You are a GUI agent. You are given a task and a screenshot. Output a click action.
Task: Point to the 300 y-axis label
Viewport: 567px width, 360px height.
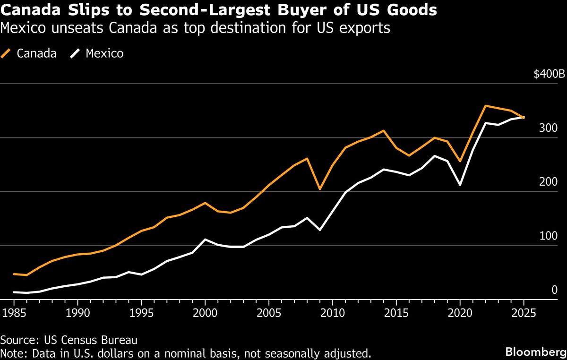tap(550, 128)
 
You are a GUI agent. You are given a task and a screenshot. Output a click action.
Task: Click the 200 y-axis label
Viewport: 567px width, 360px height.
tap(550, 182)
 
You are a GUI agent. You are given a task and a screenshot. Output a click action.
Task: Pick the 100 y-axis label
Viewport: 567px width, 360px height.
tap(550, 236)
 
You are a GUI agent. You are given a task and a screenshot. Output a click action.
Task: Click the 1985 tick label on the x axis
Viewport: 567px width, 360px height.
tap(14, 313)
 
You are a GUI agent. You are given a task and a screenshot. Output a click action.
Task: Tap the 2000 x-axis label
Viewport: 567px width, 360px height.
tap(206, 313)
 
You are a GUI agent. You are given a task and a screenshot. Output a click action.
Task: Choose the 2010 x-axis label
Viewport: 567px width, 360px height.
tap(333, 313)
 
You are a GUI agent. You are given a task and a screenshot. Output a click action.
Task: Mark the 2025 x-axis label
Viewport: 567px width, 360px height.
tap(524, 313)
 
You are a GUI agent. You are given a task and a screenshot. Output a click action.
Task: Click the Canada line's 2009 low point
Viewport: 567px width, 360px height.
tap(320, 189)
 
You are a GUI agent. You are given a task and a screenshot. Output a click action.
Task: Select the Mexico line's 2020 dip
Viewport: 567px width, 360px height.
tap(460, 185)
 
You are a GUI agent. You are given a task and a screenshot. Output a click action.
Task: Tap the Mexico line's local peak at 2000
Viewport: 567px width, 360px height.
tap(206, 240)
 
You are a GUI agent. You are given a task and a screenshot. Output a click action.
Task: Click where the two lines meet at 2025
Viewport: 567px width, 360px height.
tap(524, 117)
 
